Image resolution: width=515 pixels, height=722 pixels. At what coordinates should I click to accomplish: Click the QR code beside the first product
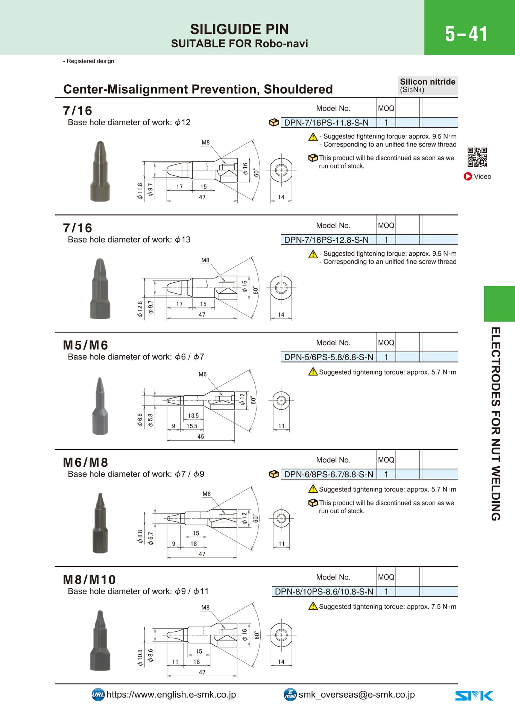[477, 157]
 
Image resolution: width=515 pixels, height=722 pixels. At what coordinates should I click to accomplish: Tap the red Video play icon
[468, 176]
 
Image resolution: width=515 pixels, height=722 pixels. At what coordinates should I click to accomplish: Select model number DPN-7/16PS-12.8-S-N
[326, 240]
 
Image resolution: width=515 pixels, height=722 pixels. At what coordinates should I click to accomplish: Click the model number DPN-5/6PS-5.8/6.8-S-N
[329, 357]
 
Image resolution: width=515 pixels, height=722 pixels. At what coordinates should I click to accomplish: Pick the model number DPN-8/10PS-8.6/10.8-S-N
[324, 592]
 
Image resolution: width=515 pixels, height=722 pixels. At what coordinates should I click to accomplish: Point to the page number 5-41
[466, 34]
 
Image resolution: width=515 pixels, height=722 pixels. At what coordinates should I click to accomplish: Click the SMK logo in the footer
[474, 696]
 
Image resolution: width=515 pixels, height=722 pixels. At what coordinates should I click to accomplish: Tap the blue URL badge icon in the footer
[98, 695]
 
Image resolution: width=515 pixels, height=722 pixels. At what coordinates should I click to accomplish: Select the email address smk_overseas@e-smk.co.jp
[357, 695]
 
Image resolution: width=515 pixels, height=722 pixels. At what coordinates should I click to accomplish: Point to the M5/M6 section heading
[85, 345]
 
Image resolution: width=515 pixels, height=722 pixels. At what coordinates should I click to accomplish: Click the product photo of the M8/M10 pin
[100, 640]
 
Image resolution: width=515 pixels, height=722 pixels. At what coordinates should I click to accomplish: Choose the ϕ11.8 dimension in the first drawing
[140, 191]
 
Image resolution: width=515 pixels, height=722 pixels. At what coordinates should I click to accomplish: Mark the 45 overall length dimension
[201, 437]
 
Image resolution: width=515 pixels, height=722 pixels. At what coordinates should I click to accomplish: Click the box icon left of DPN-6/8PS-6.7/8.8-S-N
[274, 475]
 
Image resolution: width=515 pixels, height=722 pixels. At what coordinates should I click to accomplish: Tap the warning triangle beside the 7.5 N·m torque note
[313, 606]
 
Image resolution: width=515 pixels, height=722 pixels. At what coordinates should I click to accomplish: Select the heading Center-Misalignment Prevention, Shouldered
[198, 89]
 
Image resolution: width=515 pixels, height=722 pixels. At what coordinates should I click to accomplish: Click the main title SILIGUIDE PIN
[239, 29]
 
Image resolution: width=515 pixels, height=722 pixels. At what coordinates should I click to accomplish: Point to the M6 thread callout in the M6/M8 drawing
[207, 494]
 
